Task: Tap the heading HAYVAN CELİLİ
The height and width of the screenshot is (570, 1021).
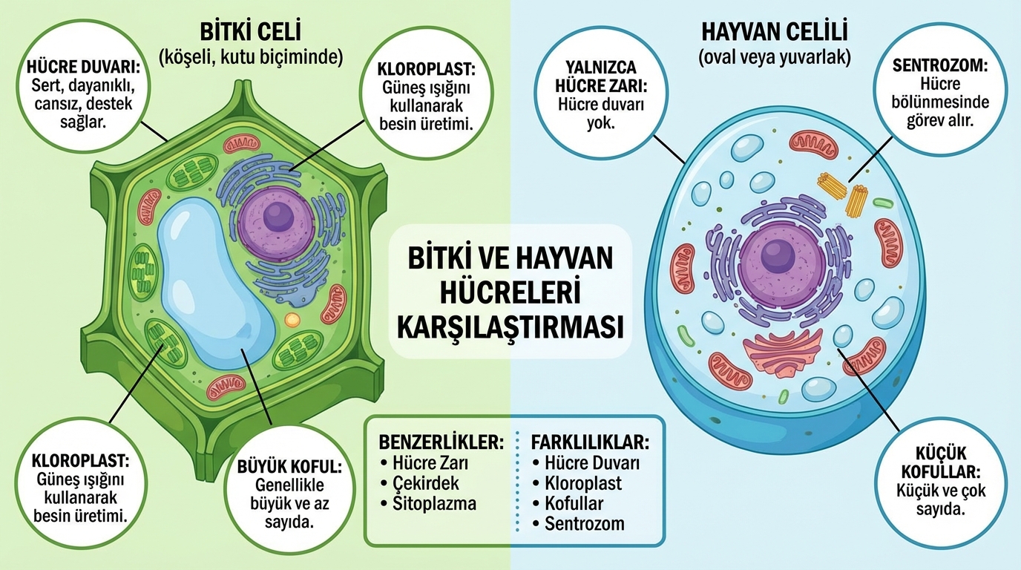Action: click(x=775, y=32)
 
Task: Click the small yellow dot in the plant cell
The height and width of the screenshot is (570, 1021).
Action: click(x=292, y=320)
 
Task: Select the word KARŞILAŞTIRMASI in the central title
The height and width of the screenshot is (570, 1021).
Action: click(x=510, y=327)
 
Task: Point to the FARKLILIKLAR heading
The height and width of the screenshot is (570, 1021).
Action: click(x=590, y=442)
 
